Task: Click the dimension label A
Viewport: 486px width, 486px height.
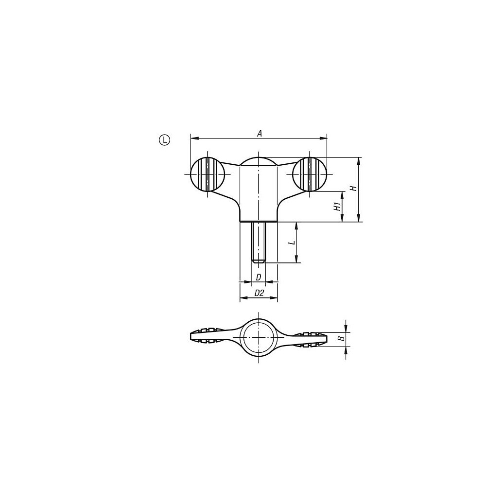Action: pyautogui.click(x=260, y=133)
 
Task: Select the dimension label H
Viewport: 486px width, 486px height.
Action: pyautogui.click(x=354, y=188)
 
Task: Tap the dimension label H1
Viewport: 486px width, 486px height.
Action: pyautogui.click(x=336, y=207)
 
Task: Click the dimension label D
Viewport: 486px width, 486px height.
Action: pyautogui.click(x=259, y=277)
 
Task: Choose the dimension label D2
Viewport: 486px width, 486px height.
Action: pyautogui.click(x=259, y=293)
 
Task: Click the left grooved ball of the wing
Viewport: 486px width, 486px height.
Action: pyautogui.click(x=207, y=174)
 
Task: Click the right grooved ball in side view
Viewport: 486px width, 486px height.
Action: pyautogui.click(x=310, y=174)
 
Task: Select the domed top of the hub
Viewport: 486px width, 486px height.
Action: pyautogui.click(x=259, y=161)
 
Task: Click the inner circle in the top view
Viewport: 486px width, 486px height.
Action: pyautogui.click(x=259, y=337)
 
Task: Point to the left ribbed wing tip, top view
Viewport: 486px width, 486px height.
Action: pyautogui.click(x=204, y=337)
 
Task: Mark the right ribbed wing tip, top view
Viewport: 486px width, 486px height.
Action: pyautogui.click(x=311, y=337)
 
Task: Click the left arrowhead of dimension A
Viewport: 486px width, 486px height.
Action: pyautogui.click(x=193, y=139)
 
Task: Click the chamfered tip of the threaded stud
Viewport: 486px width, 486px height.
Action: pyautogui.click(x=259, y=261)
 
